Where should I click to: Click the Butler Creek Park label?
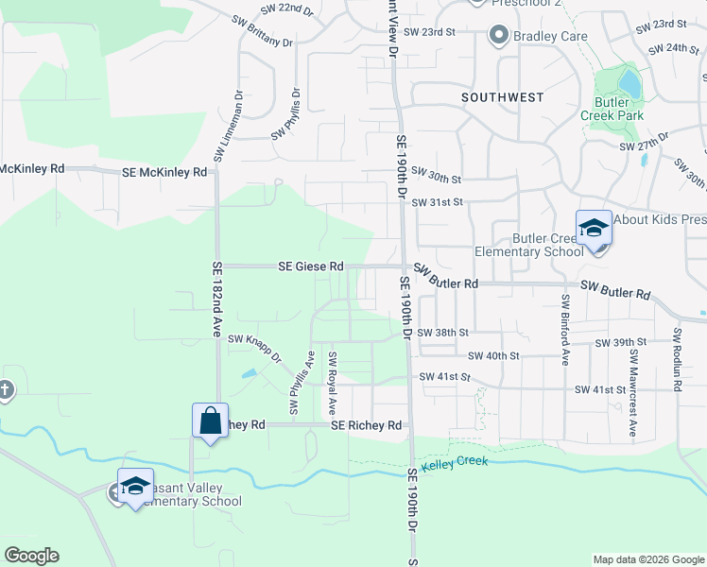pyautogui.click(x=619, y=108)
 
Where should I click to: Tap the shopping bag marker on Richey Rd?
pyautogui.click(x=210, y=420)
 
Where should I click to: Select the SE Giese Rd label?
pyautogui.click(x=310, y=267)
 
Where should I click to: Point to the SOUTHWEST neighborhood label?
pyautogui.click(x=502, y=97)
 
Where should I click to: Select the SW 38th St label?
pyautogui.click(x=444, y=333)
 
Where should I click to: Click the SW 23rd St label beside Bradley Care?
pyautogui.click(x=430, y=31)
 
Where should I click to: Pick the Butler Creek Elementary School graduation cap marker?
pyautogui.click(x=594, y=230)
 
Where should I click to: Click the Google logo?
pyautogui.click(x=31, y=556)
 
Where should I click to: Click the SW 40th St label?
pyautogui.click(x=493, y=355)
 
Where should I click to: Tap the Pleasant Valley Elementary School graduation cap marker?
pyautogui.click(x=135, y=486)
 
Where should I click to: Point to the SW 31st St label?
pyautogui.click(x=437, y=201)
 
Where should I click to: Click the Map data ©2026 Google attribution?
pyautogui.click(x=648, y=559)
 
